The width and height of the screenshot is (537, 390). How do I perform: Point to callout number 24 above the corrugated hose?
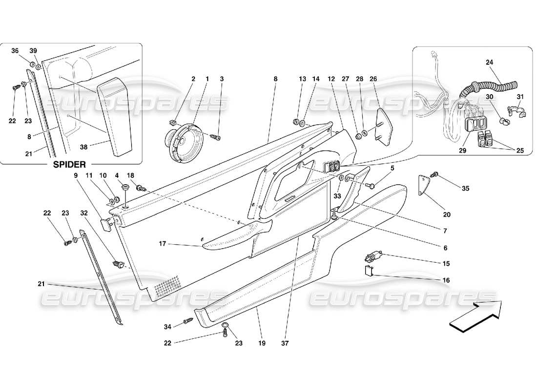coord(490,62)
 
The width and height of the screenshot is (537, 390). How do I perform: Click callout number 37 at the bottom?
coord(285,343)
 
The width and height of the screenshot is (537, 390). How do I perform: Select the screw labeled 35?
coord(436,175)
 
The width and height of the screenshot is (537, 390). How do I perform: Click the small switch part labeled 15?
coord(373,255)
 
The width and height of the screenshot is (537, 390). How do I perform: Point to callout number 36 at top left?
coord(15,51)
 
